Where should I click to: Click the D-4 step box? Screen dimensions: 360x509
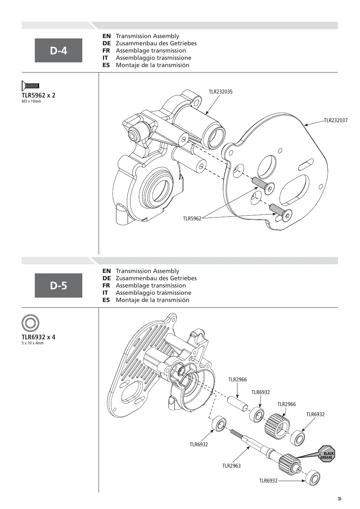pos(58,50)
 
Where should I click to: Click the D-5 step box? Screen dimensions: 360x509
pos(58,285)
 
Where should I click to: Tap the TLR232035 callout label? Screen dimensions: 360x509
pos(221,92)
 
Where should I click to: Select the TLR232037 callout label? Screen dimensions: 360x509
pos(336,120)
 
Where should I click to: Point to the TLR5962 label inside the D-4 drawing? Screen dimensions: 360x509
pos(192,219)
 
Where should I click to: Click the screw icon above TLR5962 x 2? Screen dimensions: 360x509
pos(30,86)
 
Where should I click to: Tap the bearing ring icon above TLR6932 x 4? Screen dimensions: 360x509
pos(30,323)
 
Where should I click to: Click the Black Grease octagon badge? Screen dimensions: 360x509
pos(327,454)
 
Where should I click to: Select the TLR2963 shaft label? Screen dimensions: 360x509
pos(231,466)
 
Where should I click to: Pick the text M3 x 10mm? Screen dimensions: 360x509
pos(32,102)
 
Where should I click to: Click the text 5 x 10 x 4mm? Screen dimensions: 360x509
pos(33,343)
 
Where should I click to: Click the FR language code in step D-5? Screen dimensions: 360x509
pos(106,285)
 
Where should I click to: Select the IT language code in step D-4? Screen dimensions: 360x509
pos(105,58)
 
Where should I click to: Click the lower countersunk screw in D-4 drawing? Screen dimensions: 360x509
pos(281,212)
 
